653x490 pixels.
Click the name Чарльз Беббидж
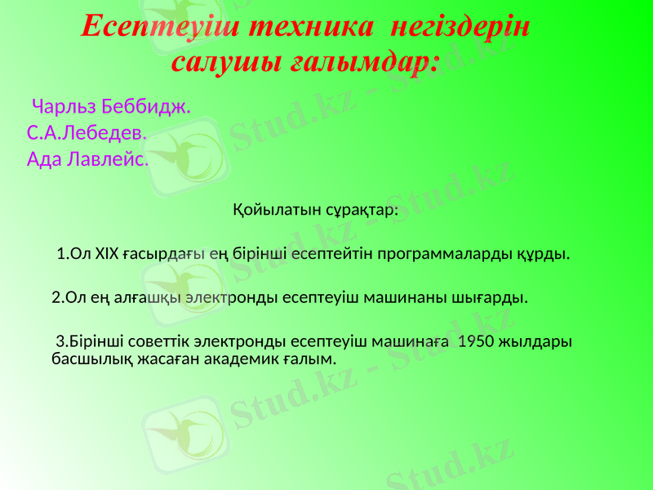pyautogui.click(x=110, y=106)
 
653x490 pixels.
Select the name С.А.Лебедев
pyautogui.click(x=87, y=132)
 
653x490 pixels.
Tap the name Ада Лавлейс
pyautogui.click(x=87, y=158)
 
